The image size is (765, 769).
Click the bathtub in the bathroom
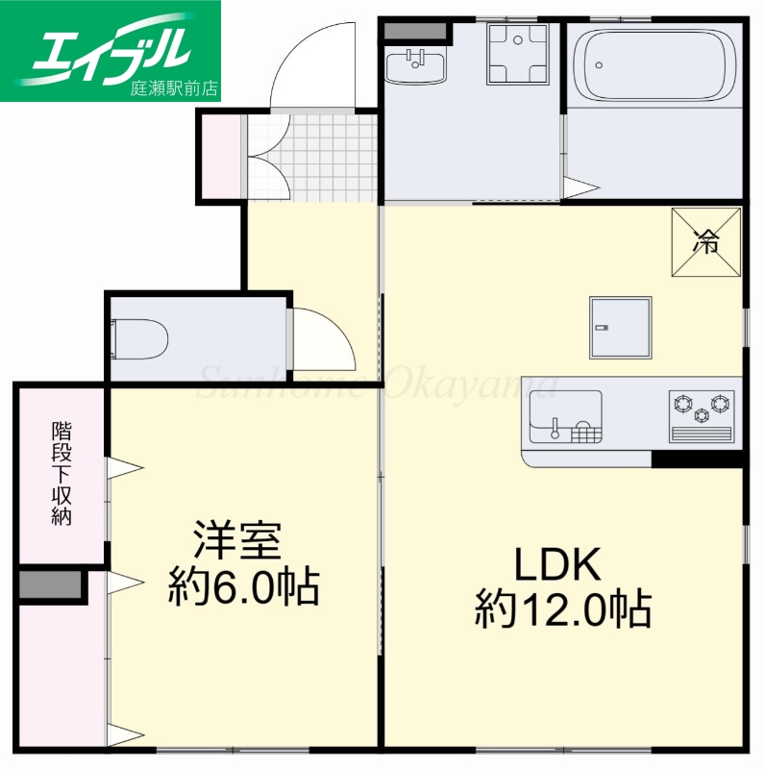pos(653,63)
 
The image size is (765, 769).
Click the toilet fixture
pos(142,337)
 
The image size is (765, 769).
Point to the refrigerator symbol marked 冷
pos(706,242)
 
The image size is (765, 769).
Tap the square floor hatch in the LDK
pos(620,327)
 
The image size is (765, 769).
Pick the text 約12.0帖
pos(562,608)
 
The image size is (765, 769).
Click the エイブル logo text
pos(111,45)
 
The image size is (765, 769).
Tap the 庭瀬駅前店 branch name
pos(174,88)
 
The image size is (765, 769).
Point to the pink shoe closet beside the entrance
pos(220,156)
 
